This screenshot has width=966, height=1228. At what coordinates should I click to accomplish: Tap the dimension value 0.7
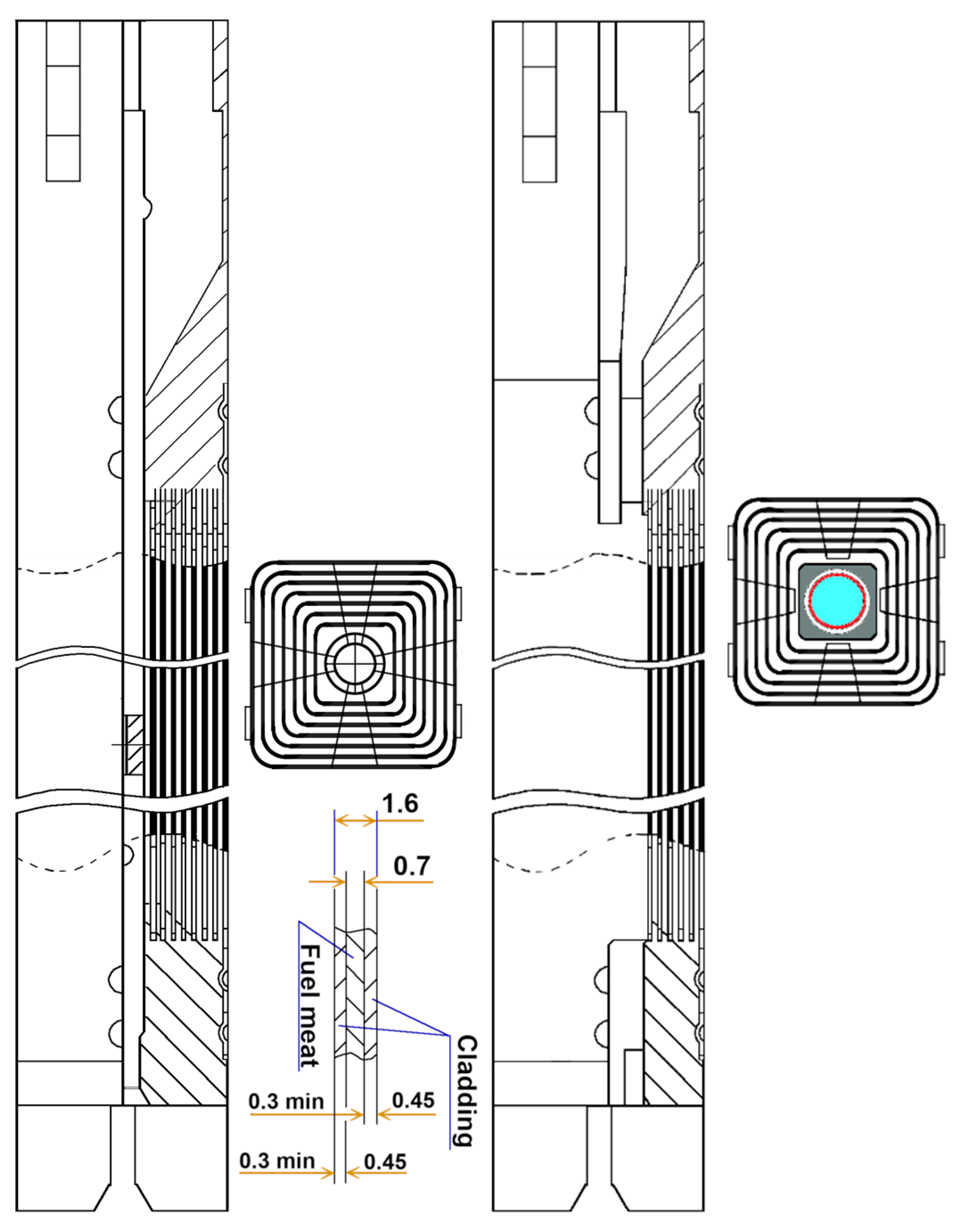(x=412, y=866)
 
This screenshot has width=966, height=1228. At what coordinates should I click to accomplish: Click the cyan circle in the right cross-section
(x=838, y=601)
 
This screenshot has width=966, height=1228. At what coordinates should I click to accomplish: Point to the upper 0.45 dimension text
(x=413, y=1100)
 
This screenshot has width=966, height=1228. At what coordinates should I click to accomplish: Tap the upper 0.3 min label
(x=286, y=1101)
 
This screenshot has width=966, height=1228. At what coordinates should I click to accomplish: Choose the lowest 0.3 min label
(x=277, y=1161)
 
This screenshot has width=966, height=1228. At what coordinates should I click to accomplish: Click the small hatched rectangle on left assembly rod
(x=135, y=745)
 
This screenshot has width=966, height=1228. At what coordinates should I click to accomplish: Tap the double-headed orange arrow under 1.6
(x=356, y=820)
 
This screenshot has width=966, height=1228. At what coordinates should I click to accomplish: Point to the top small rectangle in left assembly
(x=63, y=44)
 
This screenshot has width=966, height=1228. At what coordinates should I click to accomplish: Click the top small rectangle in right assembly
(x=540, y=44)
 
